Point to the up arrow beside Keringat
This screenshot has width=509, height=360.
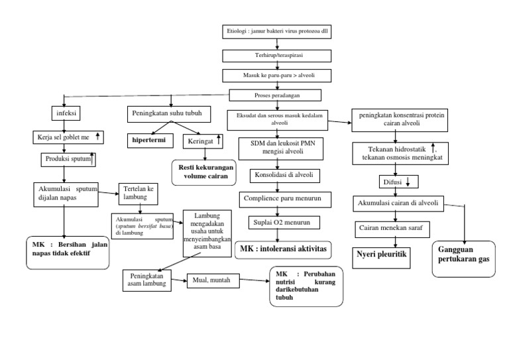coord(219,141)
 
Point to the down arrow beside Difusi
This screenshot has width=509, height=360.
coord(408,181)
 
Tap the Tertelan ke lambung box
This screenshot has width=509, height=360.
coord(141,192)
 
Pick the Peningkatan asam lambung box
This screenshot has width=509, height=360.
coord(147,280)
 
